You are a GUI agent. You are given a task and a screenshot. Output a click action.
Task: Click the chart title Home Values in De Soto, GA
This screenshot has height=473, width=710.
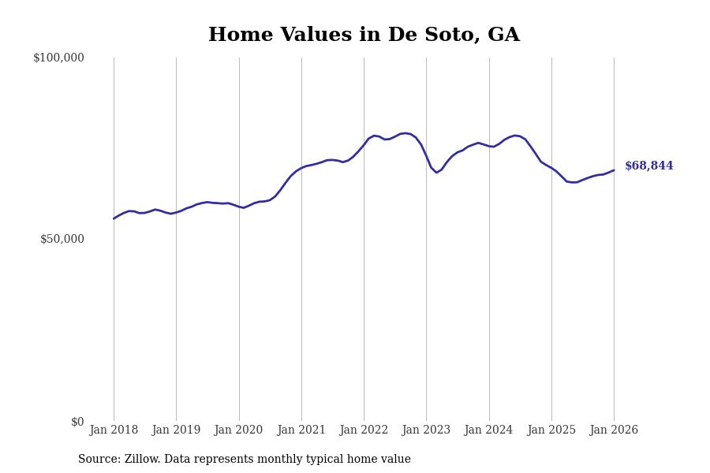click(364, 35)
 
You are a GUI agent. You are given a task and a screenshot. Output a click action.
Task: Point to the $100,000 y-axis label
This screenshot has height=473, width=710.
click(58, 58)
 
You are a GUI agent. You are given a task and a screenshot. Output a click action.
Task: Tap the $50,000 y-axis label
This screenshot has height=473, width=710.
click(62, 239)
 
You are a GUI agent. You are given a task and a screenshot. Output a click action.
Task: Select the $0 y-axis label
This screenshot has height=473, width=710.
click(77, 422)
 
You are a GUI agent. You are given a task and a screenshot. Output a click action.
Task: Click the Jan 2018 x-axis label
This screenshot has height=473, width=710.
click(114, 430)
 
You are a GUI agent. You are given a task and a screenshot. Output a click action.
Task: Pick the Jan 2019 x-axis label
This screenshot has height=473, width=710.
click(176, 430)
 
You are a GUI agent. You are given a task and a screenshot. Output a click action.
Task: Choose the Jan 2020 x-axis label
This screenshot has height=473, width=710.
click(238, 430)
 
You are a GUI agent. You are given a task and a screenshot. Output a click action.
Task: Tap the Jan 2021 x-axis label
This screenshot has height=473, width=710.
click(301, 430)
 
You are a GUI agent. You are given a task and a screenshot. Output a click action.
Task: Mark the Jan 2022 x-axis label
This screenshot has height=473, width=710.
click(364, 430)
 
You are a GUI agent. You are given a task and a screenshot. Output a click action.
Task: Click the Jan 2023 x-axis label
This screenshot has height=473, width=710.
click(426, 430)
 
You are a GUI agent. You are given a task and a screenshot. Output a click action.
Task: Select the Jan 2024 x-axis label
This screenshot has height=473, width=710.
click(488, 430)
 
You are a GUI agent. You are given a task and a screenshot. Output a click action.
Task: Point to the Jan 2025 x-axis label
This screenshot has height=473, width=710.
click(551, 430)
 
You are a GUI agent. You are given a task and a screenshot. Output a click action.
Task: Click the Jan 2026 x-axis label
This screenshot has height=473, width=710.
click(614, 430)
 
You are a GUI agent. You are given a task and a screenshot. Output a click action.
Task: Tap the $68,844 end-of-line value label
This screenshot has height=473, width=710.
click(648, 166)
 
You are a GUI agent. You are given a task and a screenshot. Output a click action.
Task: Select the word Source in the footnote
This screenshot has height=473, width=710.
click(98, 460)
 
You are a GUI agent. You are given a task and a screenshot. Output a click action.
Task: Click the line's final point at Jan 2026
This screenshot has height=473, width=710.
click(614, 170)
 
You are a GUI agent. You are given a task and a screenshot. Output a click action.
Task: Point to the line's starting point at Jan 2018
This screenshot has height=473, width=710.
click(114, 218)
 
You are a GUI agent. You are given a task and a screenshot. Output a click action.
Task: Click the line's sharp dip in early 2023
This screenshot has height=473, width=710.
click(436, 172)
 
